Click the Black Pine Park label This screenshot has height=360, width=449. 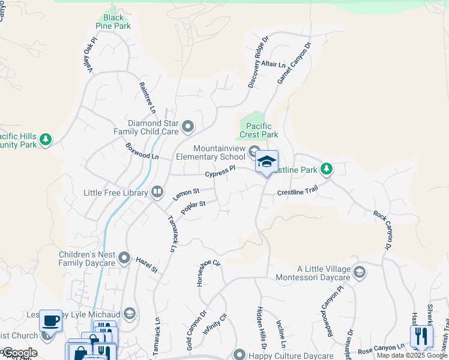pos(113,22)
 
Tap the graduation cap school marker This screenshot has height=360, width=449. pos(267,161)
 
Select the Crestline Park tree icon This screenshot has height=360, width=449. pos(326,169)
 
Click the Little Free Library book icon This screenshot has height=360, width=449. pos(157,192)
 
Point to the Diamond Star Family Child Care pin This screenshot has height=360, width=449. pos(188,126)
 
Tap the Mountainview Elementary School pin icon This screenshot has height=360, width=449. pos(254,151)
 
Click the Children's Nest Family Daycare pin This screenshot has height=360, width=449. pos(124,258)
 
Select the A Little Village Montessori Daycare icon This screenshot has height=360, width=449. pos(359,273)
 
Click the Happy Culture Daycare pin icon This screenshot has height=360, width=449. pos(240,354)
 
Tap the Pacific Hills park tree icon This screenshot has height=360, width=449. pos(46,140)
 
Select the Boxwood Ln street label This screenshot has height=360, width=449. pos(142,151)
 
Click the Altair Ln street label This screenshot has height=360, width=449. pos(274,64)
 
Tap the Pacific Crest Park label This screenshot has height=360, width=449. pos(259,131)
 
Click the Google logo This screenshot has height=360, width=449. pos(19,353)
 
